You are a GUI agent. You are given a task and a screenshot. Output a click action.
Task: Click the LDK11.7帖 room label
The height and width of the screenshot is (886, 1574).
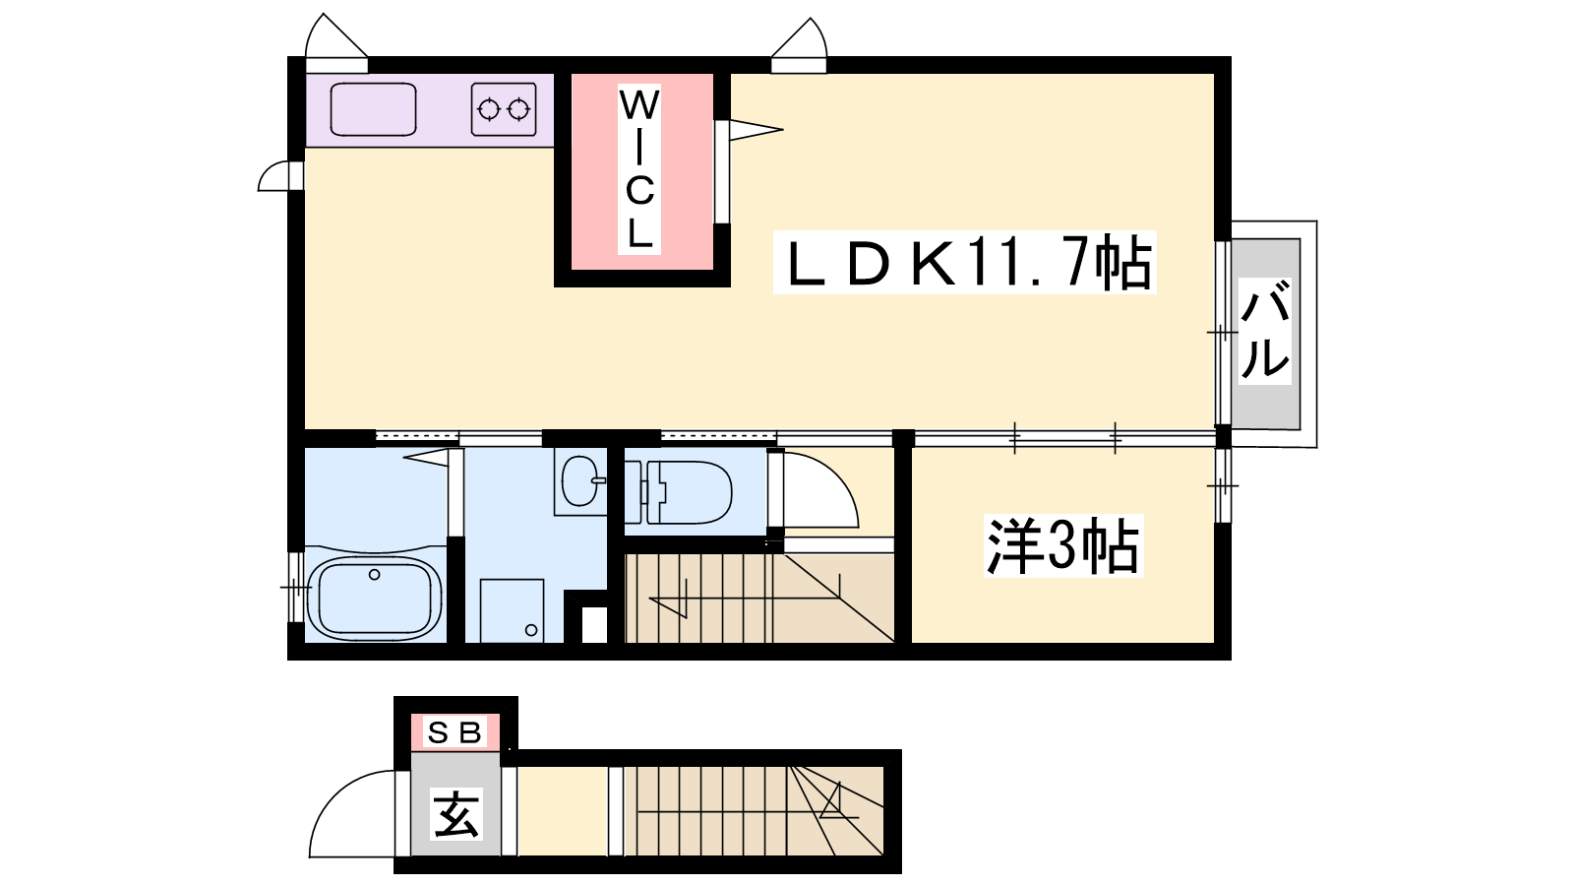tap(965, 262)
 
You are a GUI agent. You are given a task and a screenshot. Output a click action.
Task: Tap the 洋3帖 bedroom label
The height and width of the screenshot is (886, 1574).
tap(1063, 546)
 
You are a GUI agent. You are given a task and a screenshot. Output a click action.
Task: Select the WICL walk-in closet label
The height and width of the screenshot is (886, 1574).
tap(639, 168)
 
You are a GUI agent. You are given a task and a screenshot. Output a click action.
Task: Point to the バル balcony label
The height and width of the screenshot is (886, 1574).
tap(1265, 331)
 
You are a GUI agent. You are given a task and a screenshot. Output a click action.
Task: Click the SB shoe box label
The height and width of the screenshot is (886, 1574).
tap(454, 732)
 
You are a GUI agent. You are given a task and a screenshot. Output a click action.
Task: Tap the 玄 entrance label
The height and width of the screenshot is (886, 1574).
tap(456, 813)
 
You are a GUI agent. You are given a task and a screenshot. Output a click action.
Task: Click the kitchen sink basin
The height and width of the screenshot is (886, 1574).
tap(373, 109)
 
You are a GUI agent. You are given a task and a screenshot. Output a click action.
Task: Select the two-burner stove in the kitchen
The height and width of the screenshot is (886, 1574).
tap(504, 109)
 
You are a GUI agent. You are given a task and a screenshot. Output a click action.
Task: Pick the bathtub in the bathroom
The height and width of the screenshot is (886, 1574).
tap(375, 599)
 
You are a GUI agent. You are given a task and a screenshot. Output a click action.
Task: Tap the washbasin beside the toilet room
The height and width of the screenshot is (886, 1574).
tap(580, 481)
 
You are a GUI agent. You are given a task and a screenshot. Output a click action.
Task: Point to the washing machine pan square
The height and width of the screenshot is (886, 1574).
tap(513, 610)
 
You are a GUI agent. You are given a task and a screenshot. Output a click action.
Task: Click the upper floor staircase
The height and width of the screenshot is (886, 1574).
tap(759, 599)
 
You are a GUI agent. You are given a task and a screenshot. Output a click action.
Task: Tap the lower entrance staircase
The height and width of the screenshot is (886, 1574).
tap(754, 811)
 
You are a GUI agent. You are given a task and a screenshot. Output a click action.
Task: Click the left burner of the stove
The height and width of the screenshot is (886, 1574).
tap(488, 109)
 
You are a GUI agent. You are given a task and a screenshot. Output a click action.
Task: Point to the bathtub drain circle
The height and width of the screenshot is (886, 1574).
tap(375, 575)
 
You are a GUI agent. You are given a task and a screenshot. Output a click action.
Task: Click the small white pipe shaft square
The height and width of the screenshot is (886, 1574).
tap(594, 625)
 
